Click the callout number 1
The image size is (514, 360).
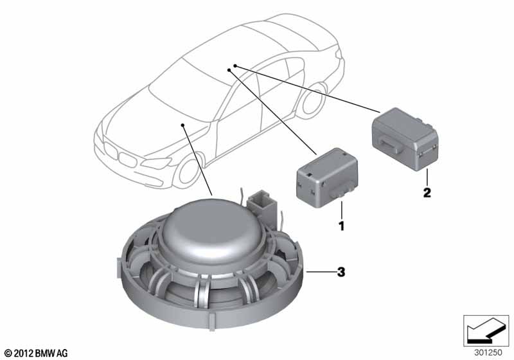(x=342, y=226)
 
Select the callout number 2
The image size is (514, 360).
(x=427, y=192)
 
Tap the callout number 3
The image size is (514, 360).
(x=341, y=272)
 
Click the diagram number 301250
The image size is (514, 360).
(x=488, y=353)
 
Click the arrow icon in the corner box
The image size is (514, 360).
(x=486, y=330)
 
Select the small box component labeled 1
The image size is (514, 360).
(x=327, y=178)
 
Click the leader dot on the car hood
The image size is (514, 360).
(x=182, y=125)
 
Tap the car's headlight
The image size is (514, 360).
(x=156, y=163)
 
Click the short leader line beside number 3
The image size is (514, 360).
(x=320, y=272)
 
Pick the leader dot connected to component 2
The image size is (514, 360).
(x=235, y=66)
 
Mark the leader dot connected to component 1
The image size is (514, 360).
(x=229, y=70)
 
